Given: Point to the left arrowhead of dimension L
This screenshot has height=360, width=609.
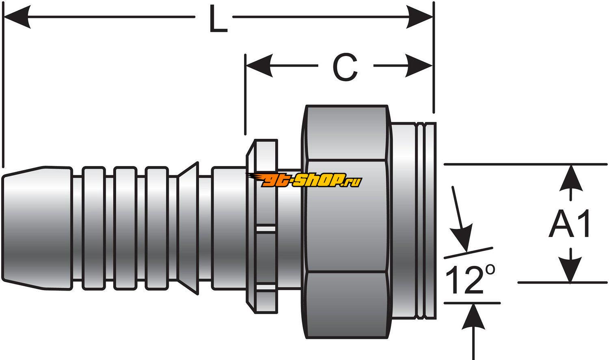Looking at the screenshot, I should pos(16,17).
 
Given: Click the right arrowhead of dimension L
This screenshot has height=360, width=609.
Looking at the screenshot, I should pos(420,17).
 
